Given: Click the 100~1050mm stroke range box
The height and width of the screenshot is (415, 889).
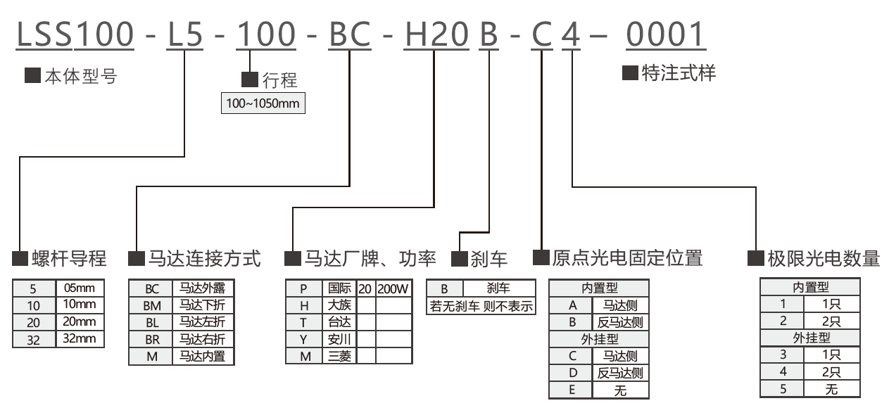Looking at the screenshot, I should [262, 103].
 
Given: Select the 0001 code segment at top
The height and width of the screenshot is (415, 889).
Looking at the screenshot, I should [665, 34].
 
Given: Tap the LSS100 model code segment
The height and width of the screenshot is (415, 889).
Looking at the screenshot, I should [75, 34].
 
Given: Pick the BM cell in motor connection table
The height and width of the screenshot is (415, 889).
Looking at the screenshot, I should [151, 305].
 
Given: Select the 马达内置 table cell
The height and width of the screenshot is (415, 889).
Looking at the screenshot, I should [203, 356].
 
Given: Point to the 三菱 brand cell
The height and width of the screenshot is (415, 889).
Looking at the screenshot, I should [340, 356].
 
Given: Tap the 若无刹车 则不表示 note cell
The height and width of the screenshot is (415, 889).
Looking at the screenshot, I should [481, 305].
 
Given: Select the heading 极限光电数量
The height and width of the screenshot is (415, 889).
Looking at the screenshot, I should [824, 259].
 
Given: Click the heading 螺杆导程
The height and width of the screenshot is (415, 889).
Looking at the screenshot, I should [69, 259].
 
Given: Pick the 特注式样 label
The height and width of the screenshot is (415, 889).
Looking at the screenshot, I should [679, 73].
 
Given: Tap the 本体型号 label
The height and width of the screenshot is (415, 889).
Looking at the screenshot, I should [80, 77].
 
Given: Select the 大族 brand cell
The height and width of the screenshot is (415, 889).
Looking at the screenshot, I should [340, 305].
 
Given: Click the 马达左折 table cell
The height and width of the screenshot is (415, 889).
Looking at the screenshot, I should [203, 322].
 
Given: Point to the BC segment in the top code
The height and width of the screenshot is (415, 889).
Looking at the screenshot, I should [350, 34].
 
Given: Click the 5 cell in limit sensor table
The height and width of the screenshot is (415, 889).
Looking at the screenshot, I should [782, 388].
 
